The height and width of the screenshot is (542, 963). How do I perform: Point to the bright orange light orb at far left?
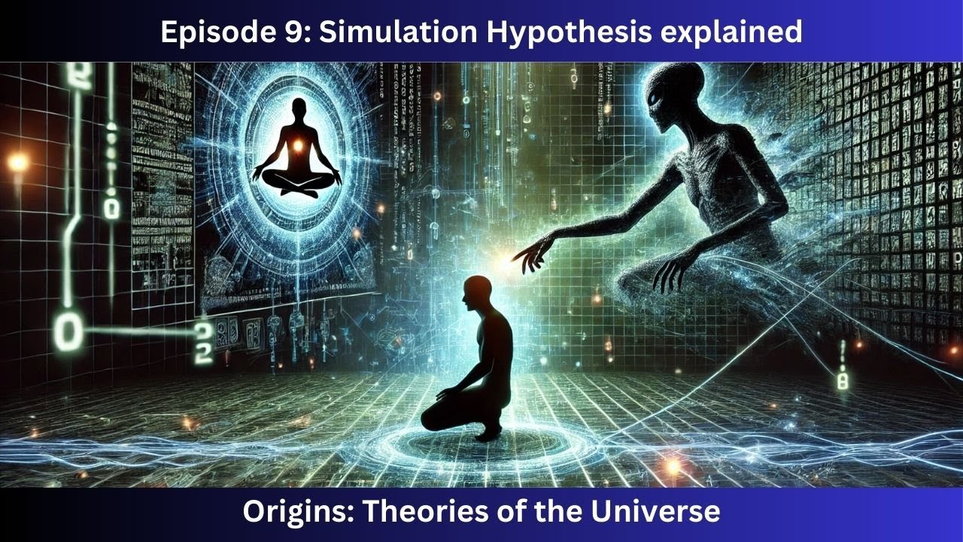tap(17, 163)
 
